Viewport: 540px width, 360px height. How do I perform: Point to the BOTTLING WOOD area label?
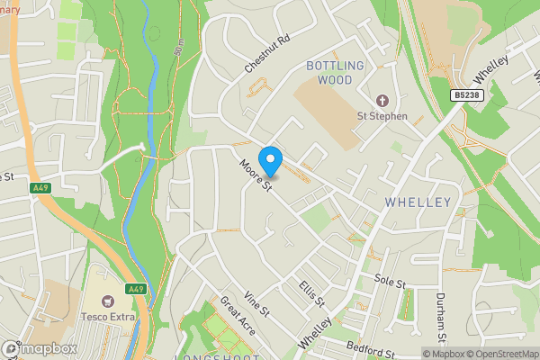click(335, 73)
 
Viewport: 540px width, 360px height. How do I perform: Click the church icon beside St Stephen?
click(382, 101)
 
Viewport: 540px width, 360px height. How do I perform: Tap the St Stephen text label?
click(382, 116)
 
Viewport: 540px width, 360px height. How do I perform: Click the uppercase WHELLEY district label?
click(418, 202)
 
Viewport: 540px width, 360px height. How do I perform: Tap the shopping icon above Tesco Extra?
click(110, 300)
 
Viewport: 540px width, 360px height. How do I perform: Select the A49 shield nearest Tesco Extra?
click(135, 289)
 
